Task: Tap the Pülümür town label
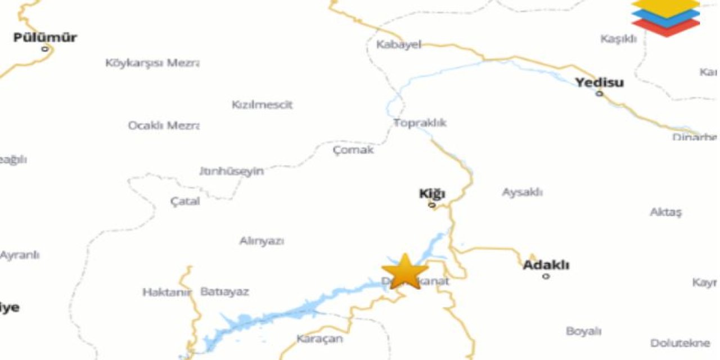(45, 38)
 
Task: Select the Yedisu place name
(599, 83)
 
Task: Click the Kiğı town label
(432, 194)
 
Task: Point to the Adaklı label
(546, 265)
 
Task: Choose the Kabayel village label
(399, 45)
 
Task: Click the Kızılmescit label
(262, 105)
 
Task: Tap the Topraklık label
(420, 123)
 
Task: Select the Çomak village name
(353, 150)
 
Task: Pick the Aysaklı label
(522, 192)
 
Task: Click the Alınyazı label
(262, 241)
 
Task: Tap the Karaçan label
(319, 339)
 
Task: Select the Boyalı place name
(584, 331)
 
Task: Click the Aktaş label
(665, 212)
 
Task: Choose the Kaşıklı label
(618, 39)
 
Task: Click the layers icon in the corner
(665, 16)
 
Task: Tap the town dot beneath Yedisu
(600, 93)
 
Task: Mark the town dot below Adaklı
(546, 276)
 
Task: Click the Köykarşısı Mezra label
(152, 63)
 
